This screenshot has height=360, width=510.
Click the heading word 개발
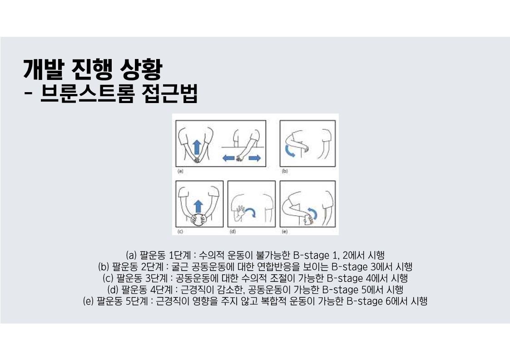click(43, 69)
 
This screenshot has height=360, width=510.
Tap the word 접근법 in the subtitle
click(169, 94)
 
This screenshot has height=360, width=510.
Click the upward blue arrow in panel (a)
click(196, 147)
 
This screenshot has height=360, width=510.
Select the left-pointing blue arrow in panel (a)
click(228, 158)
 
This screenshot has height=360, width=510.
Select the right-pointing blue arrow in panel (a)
click(255, 158)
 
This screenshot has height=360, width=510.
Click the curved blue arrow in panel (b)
click(289, 151)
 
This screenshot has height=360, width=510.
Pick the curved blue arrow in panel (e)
click(313, 213)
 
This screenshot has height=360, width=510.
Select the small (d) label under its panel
click(233, 232)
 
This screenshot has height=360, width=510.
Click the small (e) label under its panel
click(285, 232)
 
